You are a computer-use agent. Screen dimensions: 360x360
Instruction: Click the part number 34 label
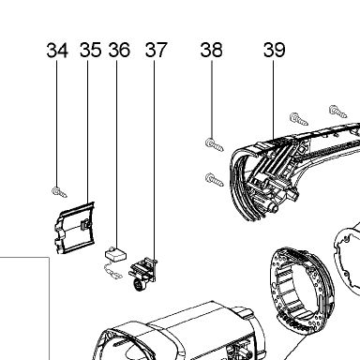pyautogui.click(x=57, y=51)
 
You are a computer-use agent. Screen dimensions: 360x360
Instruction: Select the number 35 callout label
pyautogui.click(x=91, y=51)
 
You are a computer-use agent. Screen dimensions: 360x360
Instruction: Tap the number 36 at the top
pyautogui.click(x=119, y=51)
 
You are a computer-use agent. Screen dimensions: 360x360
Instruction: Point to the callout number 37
pyautogui.click(x=157, y=51)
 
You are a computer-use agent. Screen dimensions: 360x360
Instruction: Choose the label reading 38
pyautogui.click(x=212, y=51)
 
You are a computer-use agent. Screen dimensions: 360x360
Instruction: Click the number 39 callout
pyautogui.click(x=275, y=51)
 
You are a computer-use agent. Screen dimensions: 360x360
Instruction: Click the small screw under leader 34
pyautogui.click(x=59, y=192)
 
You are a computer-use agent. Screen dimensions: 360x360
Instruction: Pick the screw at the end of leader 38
pyautogui.click(x=215, y=144)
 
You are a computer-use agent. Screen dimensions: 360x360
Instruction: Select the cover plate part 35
pyautogui.click(x=74, y=228)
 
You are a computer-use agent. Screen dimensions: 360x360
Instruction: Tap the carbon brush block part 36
pyautogui.click(x=116, y=254)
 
